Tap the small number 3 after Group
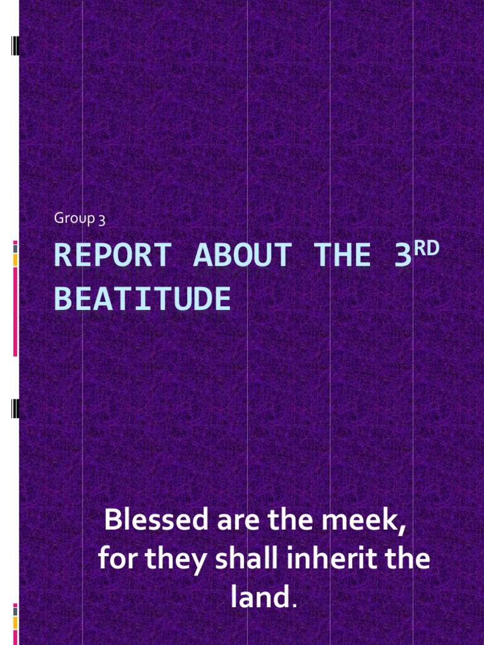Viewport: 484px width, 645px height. coord(101,219)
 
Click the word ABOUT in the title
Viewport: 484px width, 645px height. coord(243,256)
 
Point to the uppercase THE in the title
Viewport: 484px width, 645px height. coord(346,256)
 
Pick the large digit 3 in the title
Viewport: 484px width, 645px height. coord(403,256)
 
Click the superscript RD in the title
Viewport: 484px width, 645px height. coord(427,248)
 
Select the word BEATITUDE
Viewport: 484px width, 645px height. coord(142,300)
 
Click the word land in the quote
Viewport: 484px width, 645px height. coord(258,597)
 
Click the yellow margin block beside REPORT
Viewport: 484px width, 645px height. coord(15,260)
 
